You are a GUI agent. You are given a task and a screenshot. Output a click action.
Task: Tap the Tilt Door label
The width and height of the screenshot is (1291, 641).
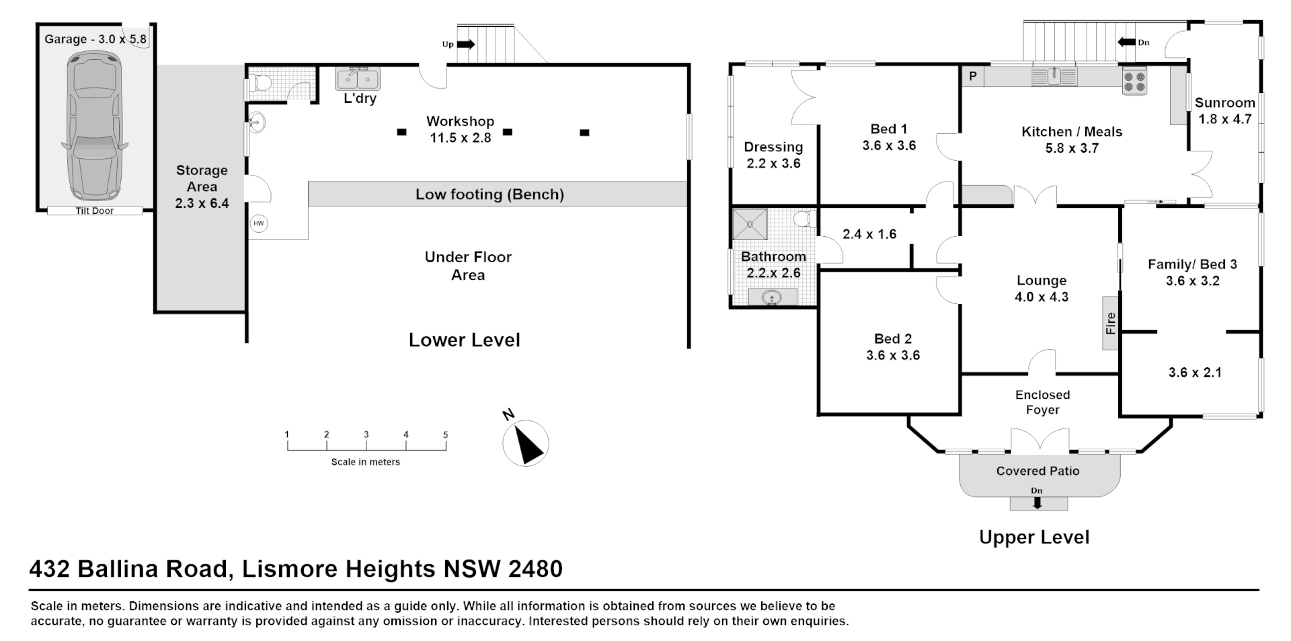[x=94, y=211]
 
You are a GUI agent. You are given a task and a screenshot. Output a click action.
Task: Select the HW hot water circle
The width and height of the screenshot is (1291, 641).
[x=259, y=224]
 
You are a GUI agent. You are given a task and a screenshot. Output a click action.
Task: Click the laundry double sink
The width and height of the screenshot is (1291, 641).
[x=358, y=79]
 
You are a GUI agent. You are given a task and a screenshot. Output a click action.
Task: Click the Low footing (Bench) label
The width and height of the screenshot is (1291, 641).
[x=490, y=194]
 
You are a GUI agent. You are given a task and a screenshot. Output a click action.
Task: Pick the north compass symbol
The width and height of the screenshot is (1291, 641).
[x=526, y=443]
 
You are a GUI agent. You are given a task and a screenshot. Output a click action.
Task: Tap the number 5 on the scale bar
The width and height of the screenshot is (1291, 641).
[x=445, y=435]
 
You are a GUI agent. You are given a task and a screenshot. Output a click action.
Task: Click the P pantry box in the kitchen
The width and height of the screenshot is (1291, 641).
[x=972, y=77]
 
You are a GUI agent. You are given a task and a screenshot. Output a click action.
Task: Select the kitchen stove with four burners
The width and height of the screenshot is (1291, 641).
[x=1134, y=82]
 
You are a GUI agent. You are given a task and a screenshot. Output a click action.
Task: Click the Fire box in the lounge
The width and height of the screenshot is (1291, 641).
[x=1110, y=323]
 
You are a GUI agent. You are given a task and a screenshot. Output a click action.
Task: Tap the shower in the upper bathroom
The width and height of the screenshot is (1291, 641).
[x=749, y=224]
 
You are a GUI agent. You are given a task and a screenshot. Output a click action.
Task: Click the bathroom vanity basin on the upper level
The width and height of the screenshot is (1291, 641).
[x=772, y=297]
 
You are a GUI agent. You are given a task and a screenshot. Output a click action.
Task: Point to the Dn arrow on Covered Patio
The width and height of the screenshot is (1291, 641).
[x=1037, y=502]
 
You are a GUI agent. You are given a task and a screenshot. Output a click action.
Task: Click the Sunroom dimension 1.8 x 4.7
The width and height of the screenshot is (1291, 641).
[x=1225, y=119]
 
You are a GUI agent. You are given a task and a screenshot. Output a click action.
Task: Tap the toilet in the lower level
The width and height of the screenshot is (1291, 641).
[x=261, y=83]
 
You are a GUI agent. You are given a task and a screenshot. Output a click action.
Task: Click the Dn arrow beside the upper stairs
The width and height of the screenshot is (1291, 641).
[x=1126, y=42]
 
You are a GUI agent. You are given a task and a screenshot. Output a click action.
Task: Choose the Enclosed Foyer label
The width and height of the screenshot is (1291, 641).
[x=1042, y=402]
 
